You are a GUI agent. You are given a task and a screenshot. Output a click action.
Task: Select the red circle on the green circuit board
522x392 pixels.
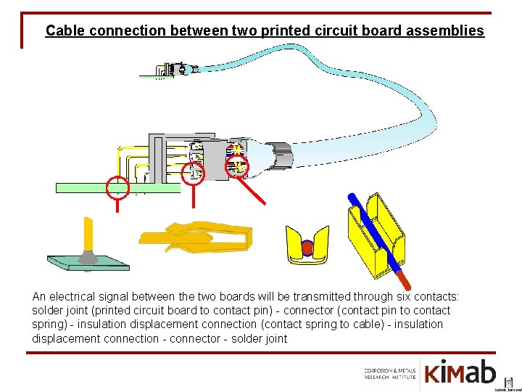tap(117, 187)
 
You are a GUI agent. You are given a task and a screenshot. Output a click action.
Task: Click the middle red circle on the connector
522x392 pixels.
tap(193, 173)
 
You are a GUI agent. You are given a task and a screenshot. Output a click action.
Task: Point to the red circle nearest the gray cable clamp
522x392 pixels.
tap(237, 167)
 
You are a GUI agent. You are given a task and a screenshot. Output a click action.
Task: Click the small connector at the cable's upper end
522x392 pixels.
tap(176, 70)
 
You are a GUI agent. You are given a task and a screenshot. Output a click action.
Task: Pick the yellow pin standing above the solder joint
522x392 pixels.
tap(88, 232)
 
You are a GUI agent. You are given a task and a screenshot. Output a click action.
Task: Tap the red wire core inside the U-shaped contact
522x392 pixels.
tap(307, 248)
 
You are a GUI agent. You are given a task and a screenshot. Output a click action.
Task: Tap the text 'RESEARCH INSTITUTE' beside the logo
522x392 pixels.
tap(390, 377)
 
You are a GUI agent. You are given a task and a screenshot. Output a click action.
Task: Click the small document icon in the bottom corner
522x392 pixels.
tap(508, 381)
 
